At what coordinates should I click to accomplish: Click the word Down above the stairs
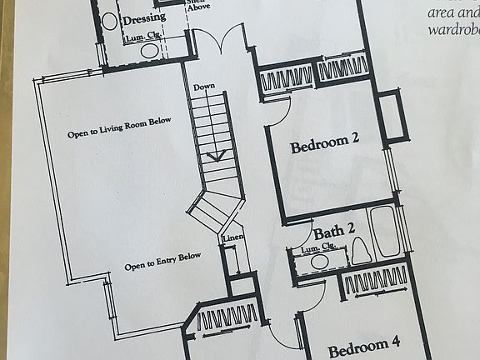coord(203,87)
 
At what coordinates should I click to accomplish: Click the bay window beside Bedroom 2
coord(392,115)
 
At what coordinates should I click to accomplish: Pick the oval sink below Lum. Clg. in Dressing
coord(150,50)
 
